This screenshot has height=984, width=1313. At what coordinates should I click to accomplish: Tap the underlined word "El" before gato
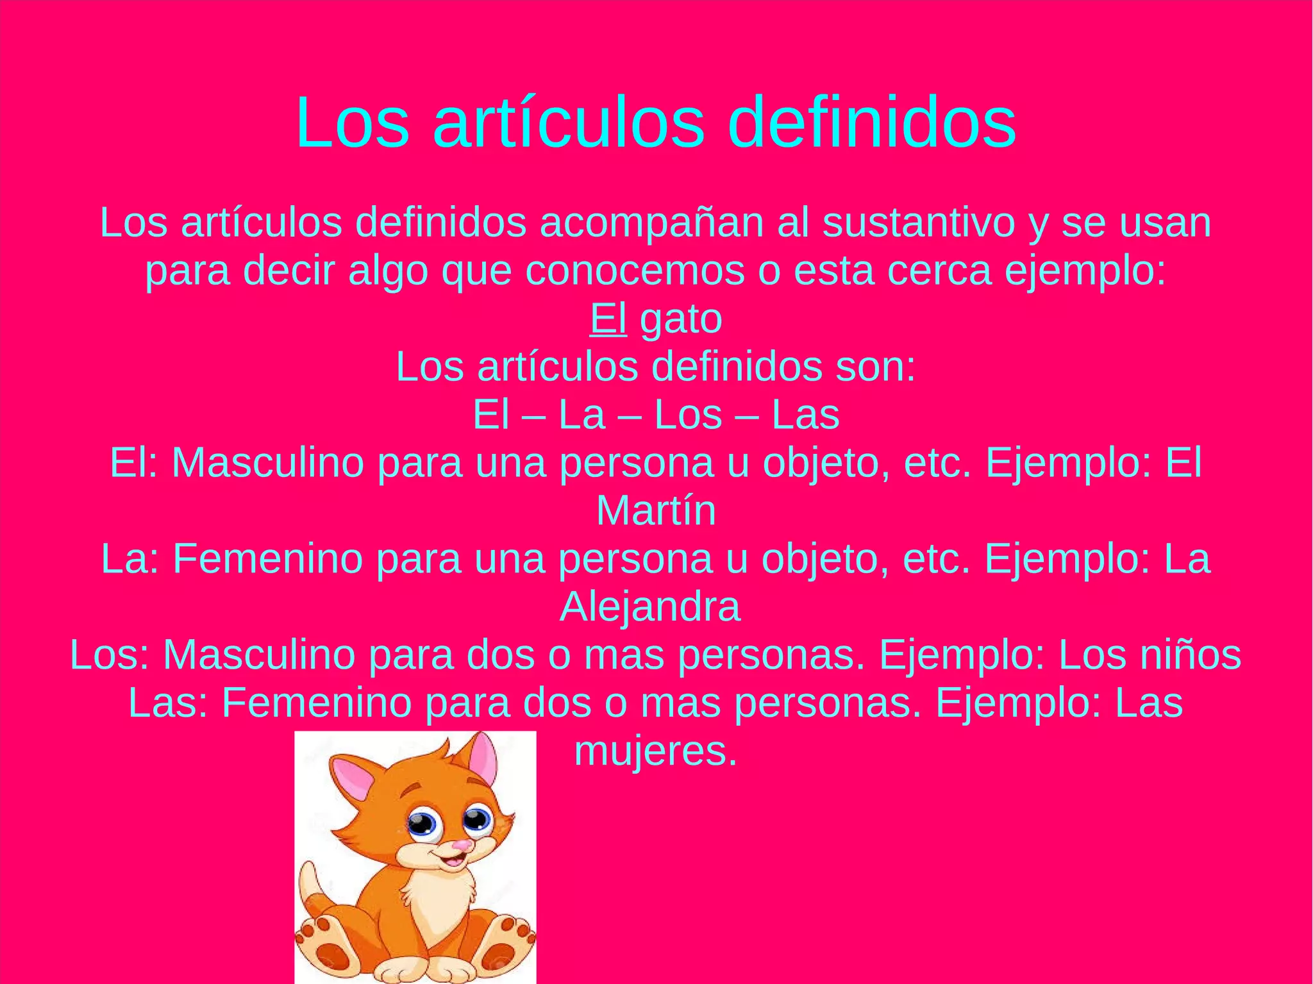coord(608,319)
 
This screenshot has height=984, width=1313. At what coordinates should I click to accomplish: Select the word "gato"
coord(681,320)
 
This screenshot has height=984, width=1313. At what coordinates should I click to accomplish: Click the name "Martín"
coord(656,511)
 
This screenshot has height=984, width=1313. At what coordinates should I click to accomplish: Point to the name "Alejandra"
coord(650,606)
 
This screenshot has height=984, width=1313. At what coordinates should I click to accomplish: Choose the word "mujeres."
coord(656,751)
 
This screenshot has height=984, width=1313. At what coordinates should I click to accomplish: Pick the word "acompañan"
coord(651,224)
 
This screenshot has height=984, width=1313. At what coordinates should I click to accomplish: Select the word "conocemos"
coord(635,271)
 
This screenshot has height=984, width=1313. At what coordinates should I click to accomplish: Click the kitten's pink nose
coord(459,845)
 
